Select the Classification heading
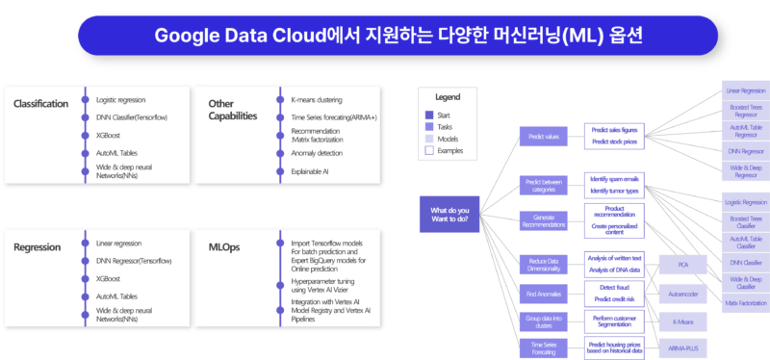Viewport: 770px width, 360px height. pos(40,103)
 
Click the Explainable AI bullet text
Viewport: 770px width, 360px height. pos(310,171)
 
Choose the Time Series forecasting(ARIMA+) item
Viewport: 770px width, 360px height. pos(334,116)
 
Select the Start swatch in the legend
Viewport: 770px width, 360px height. pos(429,115)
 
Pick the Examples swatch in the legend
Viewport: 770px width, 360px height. pos(429,150)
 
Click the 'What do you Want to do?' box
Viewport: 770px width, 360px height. pos(451,213)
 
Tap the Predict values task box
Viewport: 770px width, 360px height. pos(545,137)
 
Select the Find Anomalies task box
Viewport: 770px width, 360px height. pos(545,293)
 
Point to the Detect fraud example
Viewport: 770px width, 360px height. pos(614,287)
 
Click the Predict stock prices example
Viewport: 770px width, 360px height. pos(614,142)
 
